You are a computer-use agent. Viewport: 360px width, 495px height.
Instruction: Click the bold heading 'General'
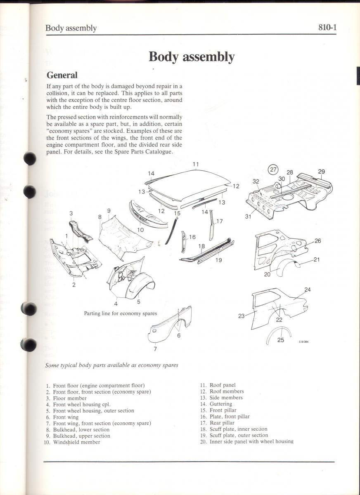(x=62, y=75)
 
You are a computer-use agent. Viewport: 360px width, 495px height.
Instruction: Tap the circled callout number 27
(x=273, y=169)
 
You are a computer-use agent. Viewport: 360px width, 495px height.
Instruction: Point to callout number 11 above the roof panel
(x=196, y=165)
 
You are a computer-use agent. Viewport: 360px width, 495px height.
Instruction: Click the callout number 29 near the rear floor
(x=322, y=172)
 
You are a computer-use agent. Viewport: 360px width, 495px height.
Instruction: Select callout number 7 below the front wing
(x=155, y=349)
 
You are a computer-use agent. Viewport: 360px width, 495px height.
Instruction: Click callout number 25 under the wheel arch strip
(x=281, y=340)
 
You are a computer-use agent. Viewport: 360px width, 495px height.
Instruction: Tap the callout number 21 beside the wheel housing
(x=317, y=259)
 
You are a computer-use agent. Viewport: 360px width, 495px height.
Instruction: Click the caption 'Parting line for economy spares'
(x=120, y=313)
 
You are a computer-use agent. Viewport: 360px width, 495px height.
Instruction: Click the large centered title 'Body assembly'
(x=192, y=57)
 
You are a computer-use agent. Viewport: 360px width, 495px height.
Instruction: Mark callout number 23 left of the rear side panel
(x=242, y=316)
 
